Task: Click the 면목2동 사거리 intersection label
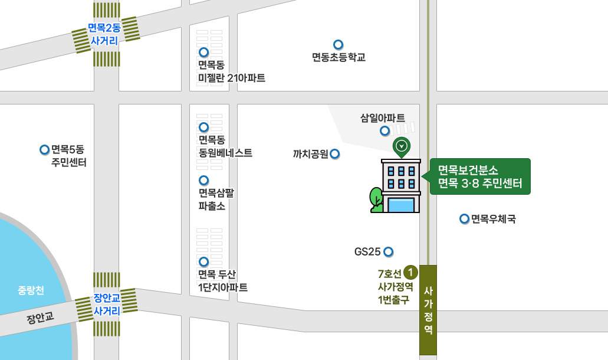(104, 34)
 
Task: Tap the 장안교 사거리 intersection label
(107, 303)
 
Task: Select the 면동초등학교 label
(338, 57)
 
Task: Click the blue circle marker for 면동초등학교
(338, 44)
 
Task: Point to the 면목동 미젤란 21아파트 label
(232, 71)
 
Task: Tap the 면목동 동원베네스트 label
(225, 146)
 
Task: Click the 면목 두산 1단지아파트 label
(222, 281)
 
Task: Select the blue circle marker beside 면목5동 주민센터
(44, 149)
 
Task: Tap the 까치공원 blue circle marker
(335, 154)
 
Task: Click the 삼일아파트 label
(383, 117)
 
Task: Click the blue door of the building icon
(401, 205)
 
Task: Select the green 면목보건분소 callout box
(480, 176)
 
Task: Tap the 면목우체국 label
(494, 220)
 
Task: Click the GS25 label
(367, 252)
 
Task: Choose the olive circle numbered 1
(411, 273)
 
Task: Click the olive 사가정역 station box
(428, 310)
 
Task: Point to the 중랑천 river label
(31, 290)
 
